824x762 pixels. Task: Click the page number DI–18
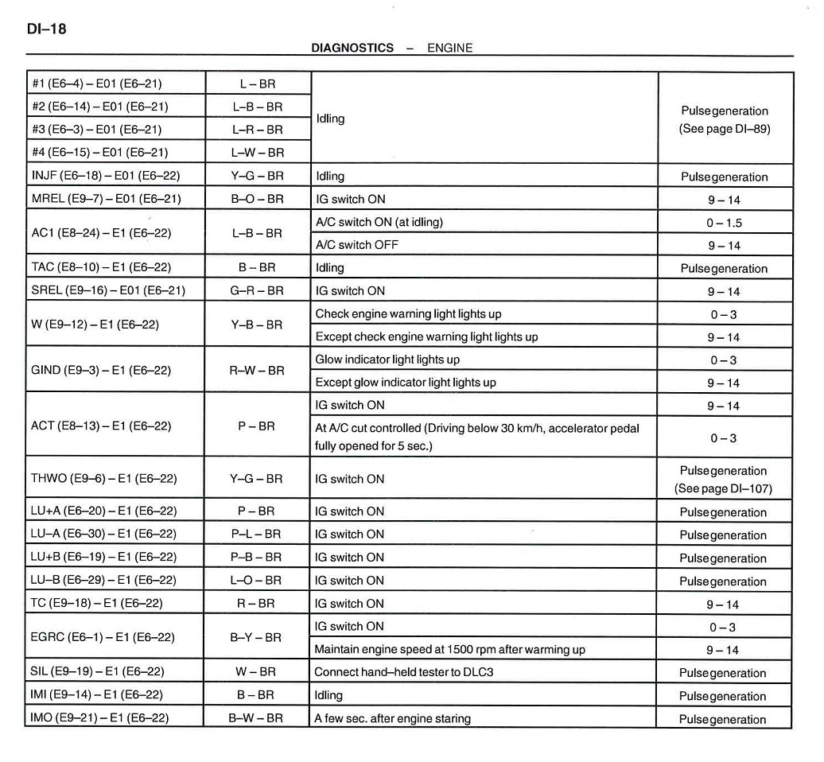pyautogui.click(x=46, y=29)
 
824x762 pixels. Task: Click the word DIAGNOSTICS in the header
pyautogui.click(x=352, y=48)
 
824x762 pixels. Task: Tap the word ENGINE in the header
pyautogui.click(x=449, y=48)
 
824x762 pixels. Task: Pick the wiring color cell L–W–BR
pyautogui.click(x=257, y=152)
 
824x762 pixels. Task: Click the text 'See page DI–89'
pyautogui.click(x=725, y=128)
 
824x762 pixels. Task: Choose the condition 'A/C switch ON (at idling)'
pyautogui.click(x=379, y=222)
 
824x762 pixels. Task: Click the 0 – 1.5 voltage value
pyautogui.click(x=724, y=223)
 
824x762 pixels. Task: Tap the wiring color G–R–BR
pyautogui.click(x=257, y=291)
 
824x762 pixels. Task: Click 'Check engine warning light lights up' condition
pyautogui.click(x=408, y=314)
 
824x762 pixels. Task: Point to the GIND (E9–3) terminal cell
pyautogui.click(x=101, y=371)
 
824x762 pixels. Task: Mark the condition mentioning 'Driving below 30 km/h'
pyautogui.click(x=476, y=437)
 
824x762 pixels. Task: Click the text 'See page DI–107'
pyautogui.click(x=724, y=488)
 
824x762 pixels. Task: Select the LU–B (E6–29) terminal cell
pyautogui.click(x=103, y=580)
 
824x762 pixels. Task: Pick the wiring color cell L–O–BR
pyautogui.click(x=257, y=580)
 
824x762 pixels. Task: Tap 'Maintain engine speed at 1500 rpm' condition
pyautogui.click(x=449, y=649)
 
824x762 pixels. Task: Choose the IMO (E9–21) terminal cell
pyautogui.click(x=99, y=718)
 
